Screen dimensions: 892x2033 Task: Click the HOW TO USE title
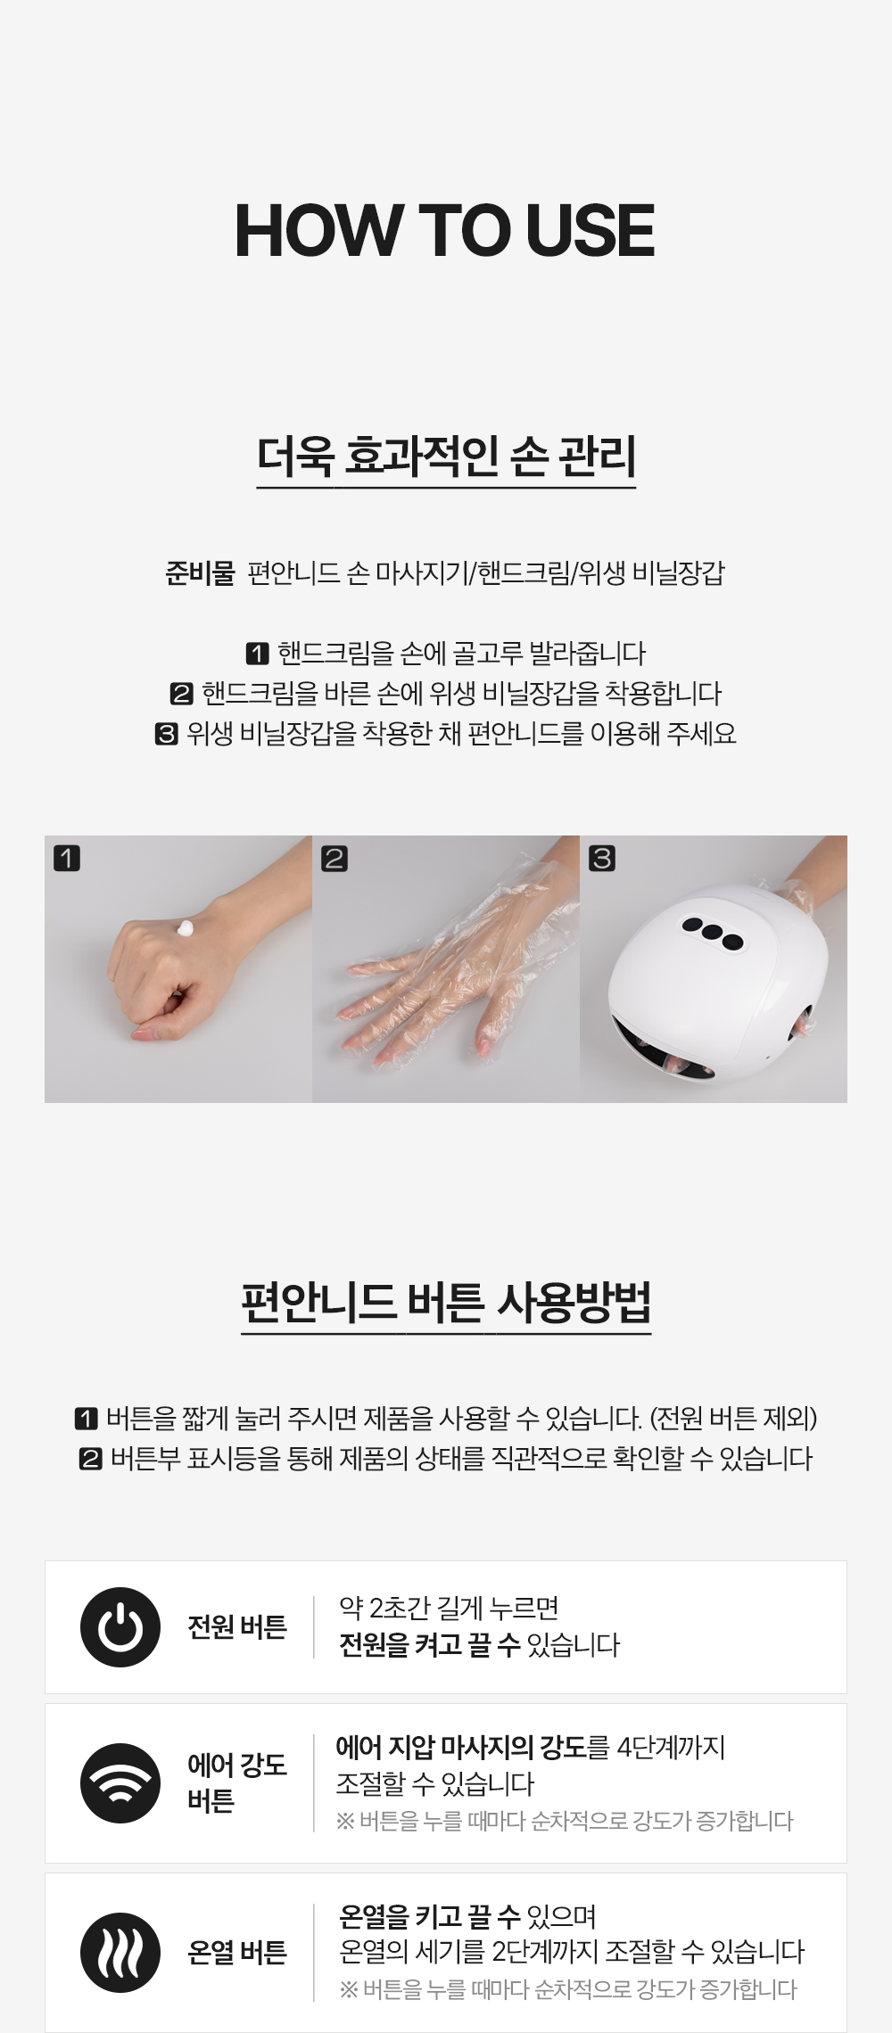445,230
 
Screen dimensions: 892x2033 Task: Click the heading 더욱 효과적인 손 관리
446,456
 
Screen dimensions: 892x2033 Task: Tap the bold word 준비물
199,572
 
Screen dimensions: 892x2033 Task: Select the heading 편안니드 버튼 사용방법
446,1303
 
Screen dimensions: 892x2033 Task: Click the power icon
120,1627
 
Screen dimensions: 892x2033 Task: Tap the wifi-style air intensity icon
120,1783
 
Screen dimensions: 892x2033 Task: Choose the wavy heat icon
120,1953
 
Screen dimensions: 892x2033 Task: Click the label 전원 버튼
237,1627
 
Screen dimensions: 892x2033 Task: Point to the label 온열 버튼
237,1953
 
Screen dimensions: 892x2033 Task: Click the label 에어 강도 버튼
237,1783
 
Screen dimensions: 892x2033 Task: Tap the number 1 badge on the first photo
67,859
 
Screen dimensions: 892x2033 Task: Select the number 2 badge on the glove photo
334,859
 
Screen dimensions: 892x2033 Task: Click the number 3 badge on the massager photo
602,859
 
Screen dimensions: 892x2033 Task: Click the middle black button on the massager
712,931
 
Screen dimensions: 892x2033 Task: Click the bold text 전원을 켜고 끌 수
430,1645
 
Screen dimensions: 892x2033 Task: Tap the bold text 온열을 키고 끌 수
430,1916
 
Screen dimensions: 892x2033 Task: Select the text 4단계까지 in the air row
671,1747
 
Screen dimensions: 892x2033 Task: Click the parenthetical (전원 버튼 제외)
733,1417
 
